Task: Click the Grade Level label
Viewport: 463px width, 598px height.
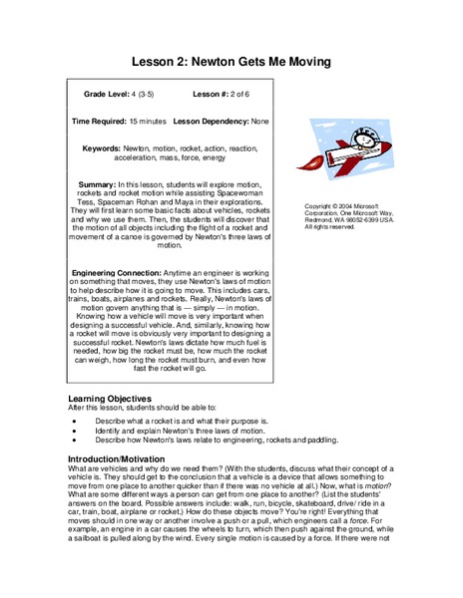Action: coord(107,96)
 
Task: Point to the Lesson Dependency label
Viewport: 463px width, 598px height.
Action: coord(212,120)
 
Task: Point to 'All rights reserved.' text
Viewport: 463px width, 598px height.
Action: coord(332,228)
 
